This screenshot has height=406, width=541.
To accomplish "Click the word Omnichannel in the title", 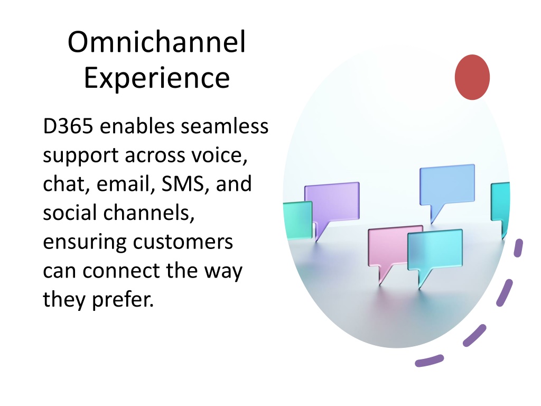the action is coord(156,42).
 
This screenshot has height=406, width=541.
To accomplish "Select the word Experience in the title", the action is coord(156,78).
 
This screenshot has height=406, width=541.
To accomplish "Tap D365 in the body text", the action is coord(68,126).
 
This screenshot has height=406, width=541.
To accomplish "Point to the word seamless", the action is coord(225,126).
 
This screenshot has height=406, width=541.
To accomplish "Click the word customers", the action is coord(183,242).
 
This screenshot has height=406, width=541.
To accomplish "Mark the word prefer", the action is coord(123,299).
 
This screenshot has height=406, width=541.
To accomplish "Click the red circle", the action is coord(472,77).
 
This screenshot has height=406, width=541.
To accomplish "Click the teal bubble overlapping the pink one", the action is coord(435,250).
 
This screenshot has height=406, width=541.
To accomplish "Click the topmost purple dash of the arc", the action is coord(518,247).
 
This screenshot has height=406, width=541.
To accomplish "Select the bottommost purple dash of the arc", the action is coord(429,361).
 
